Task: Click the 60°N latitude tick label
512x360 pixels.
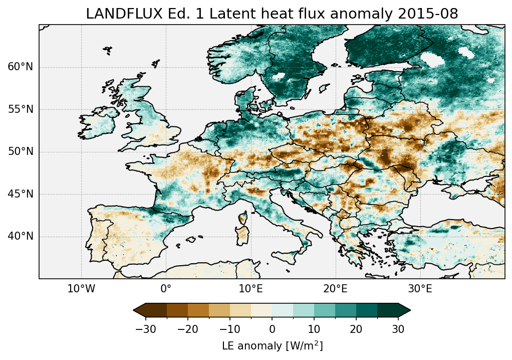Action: pos(21,67)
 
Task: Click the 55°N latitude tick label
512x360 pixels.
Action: pos(21,109)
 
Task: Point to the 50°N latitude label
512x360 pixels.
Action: pos(21,152)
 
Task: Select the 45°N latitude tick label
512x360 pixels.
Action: pos(21,194)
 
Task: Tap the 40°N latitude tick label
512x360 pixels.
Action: pos(21,236)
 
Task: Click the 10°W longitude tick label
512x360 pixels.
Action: pos(81,289)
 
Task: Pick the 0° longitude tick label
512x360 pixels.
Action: pos(166,289)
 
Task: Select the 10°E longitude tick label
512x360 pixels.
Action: pos(250,289)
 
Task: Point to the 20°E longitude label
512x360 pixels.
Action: pos(335,289)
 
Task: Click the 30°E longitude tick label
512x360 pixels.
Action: pos(420,289)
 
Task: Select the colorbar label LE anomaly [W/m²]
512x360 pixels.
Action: pos(272,346)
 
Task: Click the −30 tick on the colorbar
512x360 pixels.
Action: pos(146,329)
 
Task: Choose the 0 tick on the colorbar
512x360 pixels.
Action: pos(272,329)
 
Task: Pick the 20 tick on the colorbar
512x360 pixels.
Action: pos(356,329)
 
